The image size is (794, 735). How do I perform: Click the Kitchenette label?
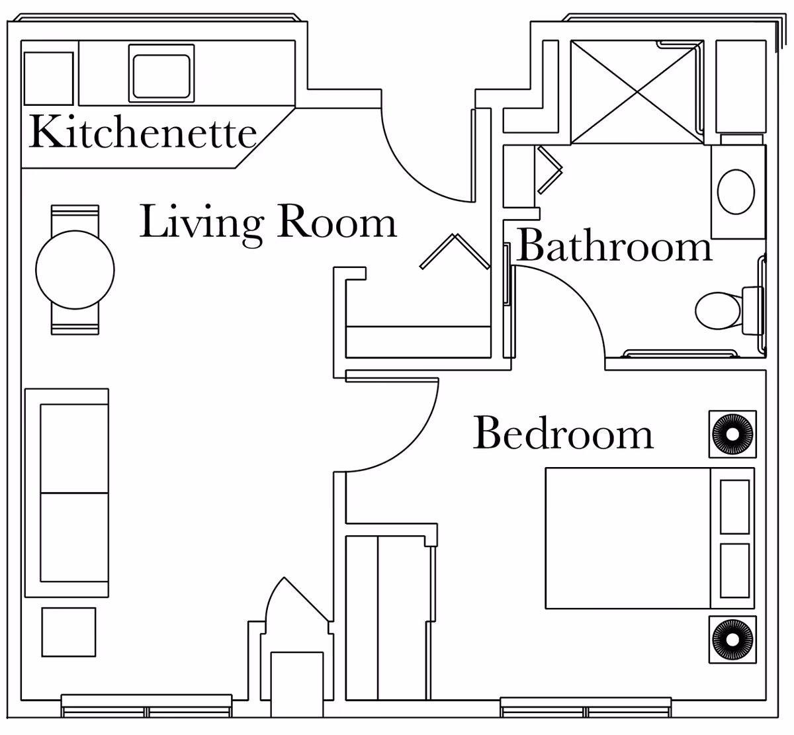(142, 132)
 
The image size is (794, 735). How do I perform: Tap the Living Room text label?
(268, 222)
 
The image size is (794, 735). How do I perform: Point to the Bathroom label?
(614, 246)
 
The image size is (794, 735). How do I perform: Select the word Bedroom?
(563, 434)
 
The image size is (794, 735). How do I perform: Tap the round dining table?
(75, 269)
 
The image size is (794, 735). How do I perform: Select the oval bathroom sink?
(736, 192)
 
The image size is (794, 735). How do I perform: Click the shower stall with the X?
(637, 91)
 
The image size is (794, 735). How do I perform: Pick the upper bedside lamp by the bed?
(732, 434)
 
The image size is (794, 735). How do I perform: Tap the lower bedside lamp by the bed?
(732, 640)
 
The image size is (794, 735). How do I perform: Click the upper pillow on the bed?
(734, 506)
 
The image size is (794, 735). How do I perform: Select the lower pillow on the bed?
(734, 570)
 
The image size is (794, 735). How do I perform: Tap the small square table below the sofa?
(69, 632)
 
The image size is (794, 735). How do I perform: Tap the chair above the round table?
(75, 218)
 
